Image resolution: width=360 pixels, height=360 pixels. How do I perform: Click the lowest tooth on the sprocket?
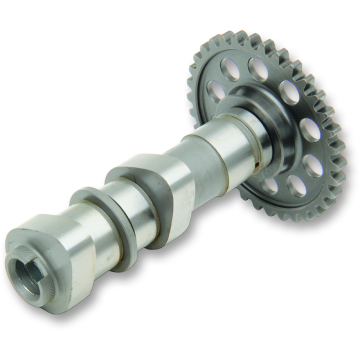click(x=294, y=217)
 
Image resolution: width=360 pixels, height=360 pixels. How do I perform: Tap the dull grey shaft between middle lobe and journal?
click(x=198, y=162)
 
